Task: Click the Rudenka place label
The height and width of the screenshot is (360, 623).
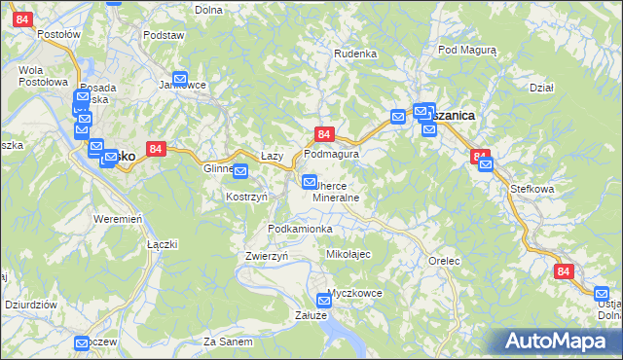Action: [355, 53]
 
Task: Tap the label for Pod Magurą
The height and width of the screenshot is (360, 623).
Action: [467, 49]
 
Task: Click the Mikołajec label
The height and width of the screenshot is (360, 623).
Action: [348, 253]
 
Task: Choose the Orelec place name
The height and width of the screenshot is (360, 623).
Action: [443, 261]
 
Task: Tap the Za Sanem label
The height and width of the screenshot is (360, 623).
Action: [229, 342]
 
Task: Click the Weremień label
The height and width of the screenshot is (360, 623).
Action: [118, 218]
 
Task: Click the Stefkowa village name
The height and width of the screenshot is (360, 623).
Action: [531, 191]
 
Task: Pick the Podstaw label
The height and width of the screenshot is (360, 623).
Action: [164, 35]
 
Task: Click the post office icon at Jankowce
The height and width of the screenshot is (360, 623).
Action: [180, 79]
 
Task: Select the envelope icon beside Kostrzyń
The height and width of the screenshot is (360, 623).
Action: [240, 171]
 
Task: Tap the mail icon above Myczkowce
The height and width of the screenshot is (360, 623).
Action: [325, 301]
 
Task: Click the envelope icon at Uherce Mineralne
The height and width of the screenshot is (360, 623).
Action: [310, 181]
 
